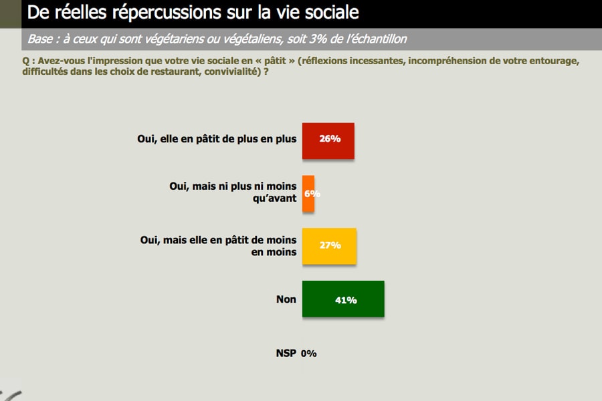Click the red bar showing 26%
[x=328, y=141]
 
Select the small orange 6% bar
[x=308, y=193]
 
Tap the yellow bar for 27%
[x=329, y=246]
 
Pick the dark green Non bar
[x=343, y=299]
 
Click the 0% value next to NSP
[x=308, y=354]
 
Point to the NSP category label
[x=286, y=353]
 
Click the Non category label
[x=286, y=299]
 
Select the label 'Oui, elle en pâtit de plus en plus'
[x=217, y=139]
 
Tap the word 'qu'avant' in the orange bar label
[x=274, y=198]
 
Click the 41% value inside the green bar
[x=346, y=300]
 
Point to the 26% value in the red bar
[x=330, y=138]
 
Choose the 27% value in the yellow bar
[x=330, y=245]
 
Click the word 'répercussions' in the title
[x=167, y=13]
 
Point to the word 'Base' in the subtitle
[x=40, y=39]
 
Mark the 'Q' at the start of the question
[x=25, y=61]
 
